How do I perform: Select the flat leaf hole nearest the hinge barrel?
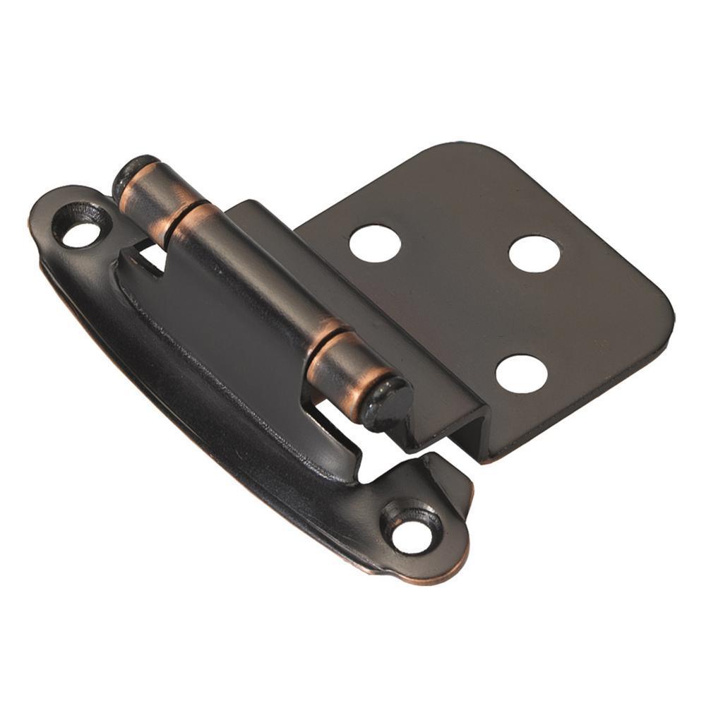(375, 243)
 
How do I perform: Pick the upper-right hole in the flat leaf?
(534, 253)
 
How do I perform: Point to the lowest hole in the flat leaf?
(521, 373)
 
